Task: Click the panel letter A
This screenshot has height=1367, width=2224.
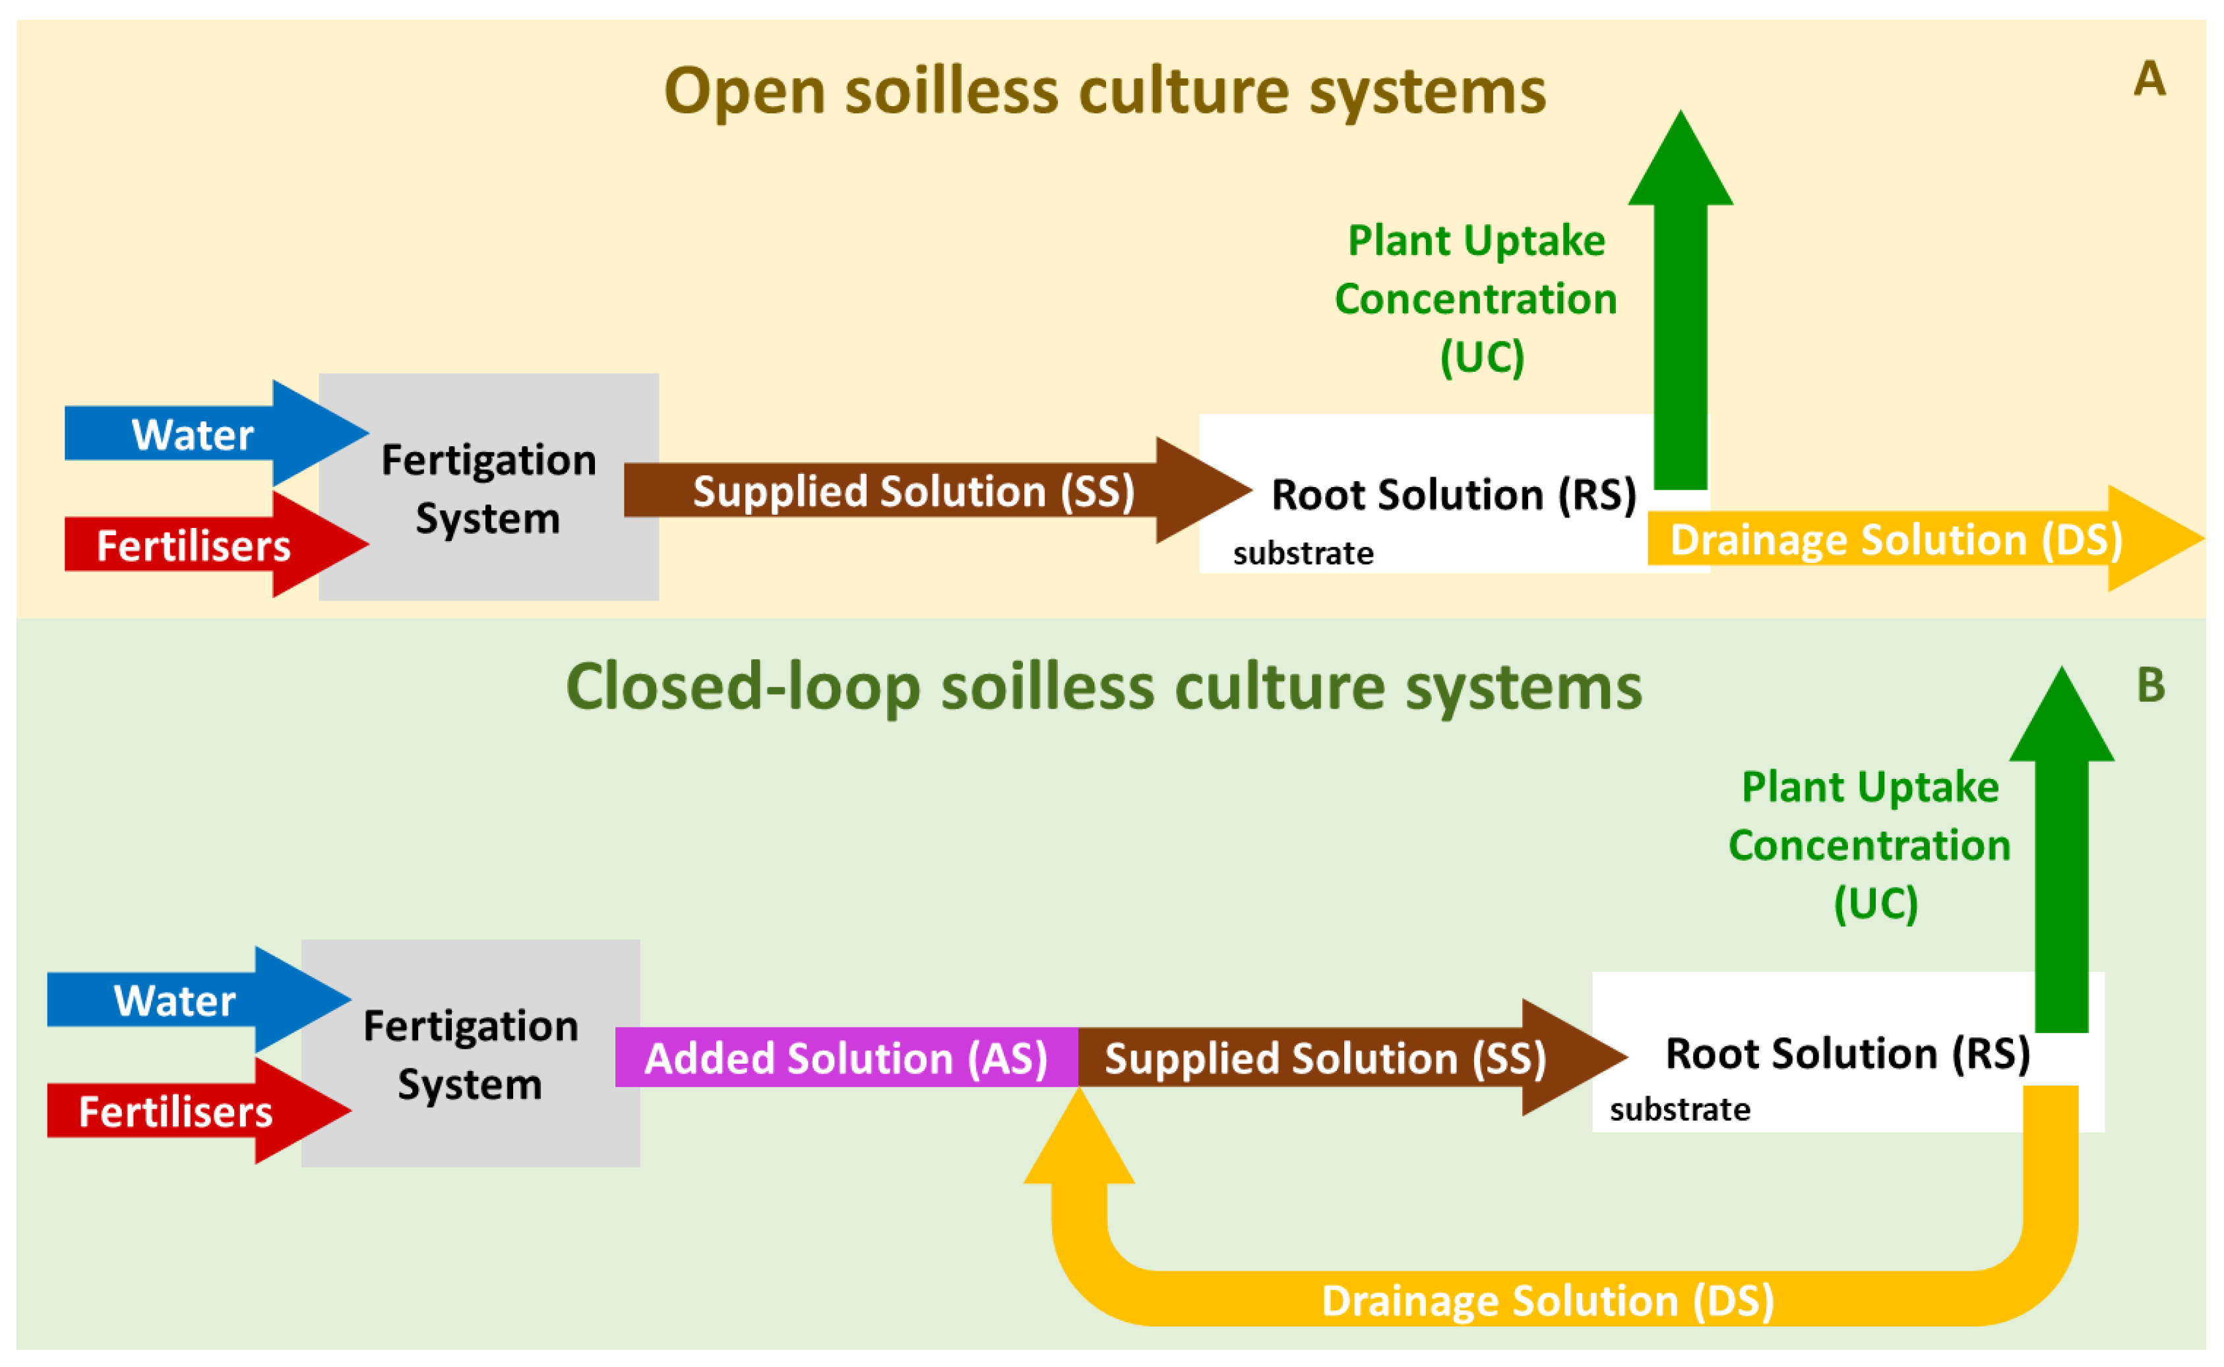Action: click(x=2149, y=80)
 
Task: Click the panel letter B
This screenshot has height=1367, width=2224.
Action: click(x=2150, y=685)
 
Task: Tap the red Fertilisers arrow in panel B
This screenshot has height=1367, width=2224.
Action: click(x=176, y=1111)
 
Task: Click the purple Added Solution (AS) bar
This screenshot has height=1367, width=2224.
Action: click(x=846, y=1058)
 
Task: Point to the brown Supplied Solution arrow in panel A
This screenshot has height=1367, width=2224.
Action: click(x=913, y=491)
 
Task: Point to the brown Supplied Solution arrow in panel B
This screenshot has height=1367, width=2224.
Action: click(x=1325, y=1058)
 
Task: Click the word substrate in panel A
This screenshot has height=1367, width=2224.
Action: click(x=1303, y=553)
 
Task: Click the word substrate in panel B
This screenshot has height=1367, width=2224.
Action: click(x=1679, y=1109)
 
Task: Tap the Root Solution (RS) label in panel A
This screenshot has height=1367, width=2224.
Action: click(x=1454, y=494)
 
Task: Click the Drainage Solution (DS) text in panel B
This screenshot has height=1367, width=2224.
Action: click(x=1547, y=1301)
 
